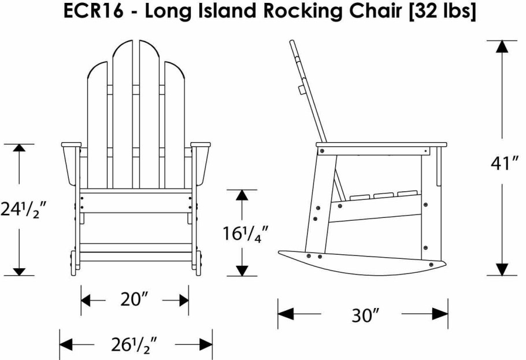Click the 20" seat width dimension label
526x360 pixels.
point(135,300)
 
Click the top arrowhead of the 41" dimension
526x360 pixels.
point(502,47)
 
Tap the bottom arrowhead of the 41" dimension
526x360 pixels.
point(502,269)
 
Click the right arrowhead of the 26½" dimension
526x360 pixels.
point(206,344)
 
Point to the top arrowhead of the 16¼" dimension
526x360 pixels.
point(242,195)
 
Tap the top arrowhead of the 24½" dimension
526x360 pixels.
point(20,150)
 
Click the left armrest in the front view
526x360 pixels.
point(71,144)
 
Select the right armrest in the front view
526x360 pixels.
point(201,144)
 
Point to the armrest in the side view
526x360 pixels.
point(381,144)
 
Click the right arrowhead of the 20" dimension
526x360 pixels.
point(183,300)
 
